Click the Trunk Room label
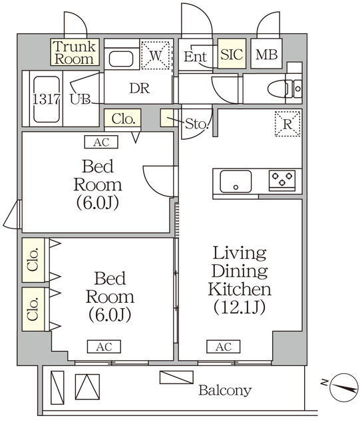75,53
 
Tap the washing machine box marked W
156,56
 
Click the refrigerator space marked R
287,124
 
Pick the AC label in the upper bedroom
100,141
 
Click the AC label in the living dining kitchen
223,346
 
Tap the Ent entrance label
196,57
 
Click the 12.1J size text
240,308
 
